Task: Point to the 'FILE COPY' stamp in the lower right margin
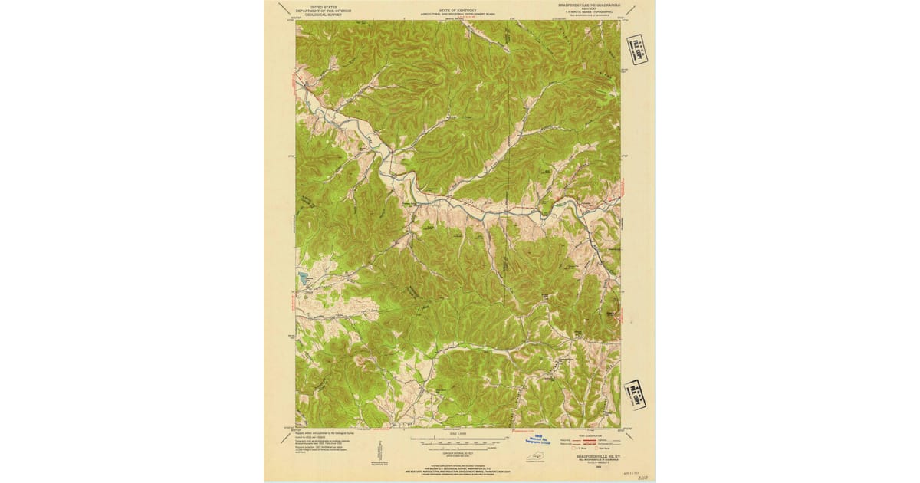point(635,395)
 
